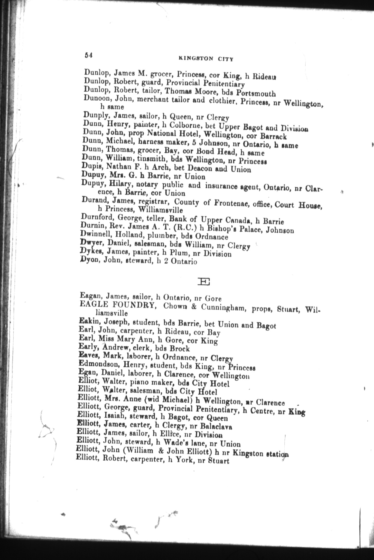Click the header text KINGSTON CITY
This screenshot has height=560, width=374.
pos(206,59)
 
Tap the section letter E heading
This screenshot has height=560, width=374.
pos(204,282)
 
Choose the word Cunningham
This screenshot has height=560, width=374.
pos(222,307)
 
